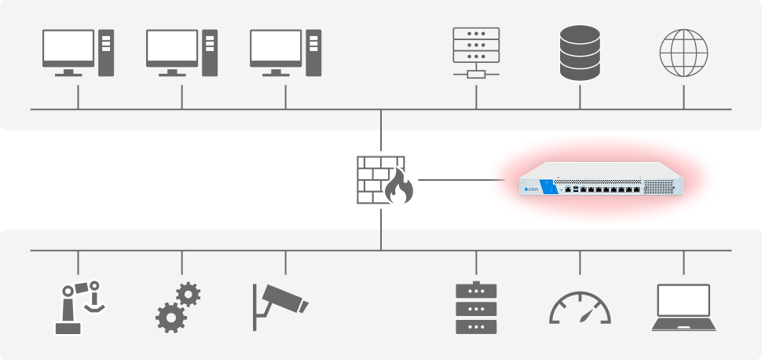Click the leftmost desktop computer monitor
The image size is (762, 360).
coord(68,48)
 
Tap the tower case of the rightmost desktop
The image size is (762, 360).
coord(313,53)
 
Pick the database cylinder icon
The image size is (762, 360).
coord(580,53)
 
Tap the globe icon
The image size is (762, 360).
coord(683,53)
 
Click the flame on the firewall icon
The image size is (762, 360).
coord(400,188)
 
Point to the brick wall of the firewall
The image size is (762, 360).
coord(374,174)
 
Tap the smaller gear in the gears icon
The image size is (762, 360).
coord(188,295)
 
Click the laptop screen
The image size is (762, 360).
coord(683,300)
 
